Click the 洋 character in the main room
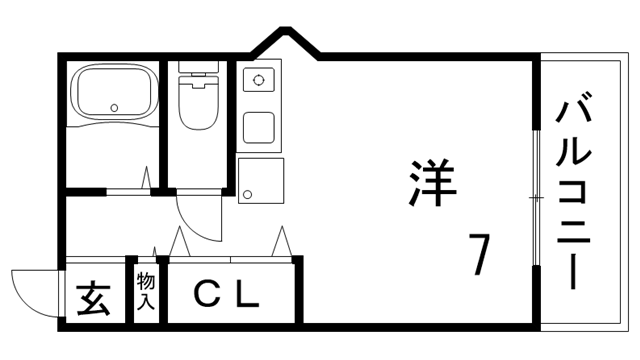[432, 182]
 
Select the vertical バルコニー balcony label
[578, 190]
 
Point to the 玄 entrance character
[94, 298]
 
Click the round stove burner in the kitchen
[258, 80]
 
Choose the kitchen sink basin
[260, 126]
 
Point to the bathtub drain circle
[114, 108]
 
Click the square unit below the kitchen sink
[260, 180]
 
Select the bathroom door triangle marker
[147, 179]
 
